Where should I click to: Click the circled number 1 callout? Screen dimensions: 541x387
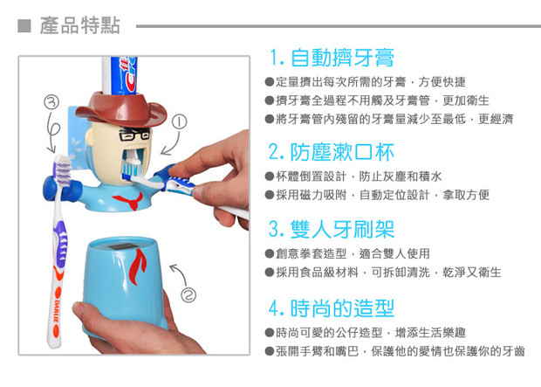tap(179, 121)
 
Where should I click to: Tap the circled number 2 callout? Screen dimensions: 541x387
tap(188, 295)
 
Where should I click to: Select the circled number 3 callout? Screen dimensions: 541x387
tap(51, 102)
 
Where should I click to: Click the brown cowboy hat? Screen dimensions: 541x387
tap(121, 109)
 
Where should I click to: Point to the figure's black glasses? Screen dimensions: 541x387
tap(134, 133)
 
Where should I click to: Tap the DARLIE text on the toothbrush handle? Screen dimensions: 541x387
tap(57, 312)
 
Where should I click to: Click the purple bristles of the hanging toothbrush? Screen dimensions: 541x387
tap(63, 170)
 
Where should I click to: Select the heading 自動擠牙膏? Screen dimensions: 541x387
tap(342, 58)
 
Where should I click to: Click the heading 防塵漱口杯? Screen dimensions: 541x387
tap(342, 152)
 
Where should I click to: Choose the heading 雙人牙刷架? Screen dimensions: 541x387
tap(342, 230)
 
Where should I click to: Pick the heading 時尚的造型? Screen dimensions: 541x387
tap(342, 308)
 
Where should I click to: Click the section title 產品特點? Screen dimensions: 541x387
tap(80, 25)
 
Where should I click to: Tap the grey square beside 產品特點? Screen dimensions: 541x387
tap(24, 26)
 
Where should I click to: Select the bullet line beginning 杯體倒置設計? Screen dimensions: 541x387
tap(353, 176)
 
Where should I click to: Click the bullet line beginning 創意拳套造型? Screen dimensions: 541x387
tap(347, 253)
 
